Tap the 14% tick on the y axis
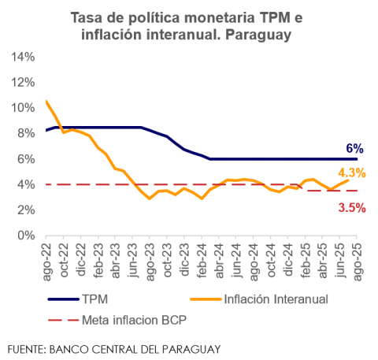[x=22, y=57]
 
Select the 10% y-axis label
[x=22, y=108]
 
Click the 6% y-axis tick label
[x=25, y=159]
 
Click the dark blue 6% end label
[x=354, y=148]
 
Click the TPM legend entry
[x=91, y=299]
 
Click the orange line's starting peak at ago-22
[x=46, y=101]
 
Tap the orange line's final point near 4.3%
[x=347, y=180]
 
